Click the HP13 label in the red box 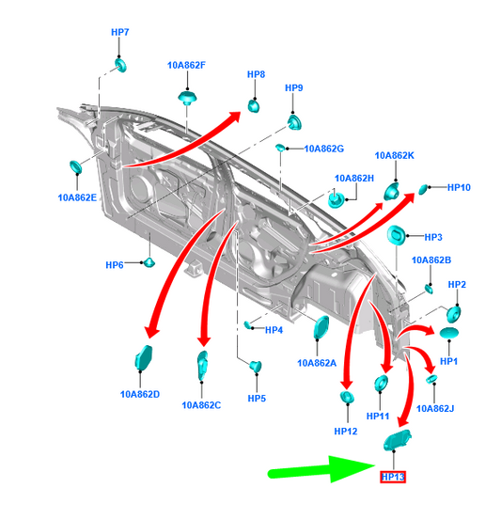point(393,477)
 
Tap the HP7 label point(119,32)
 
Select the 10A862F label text point(186,65)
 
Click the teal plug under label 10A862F point(187,98)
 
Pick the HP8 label point(256,74)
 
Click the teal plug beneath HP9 point(294,122)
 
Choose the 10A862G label point(324,149)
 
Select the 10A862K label point(394,155)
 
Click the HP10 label point(459,188)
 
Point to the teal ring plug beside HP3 point(396,235)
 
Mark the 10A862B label point(431,260)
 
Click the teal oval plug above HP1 point(449,333)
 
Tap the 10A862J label point(435,409)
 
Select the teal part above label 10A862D point(144,357)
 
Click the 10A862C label point(201,405)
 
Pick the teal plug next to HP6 point(149,262)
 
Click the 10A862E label point(77,197)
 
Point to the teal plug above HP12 point(347,397)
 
